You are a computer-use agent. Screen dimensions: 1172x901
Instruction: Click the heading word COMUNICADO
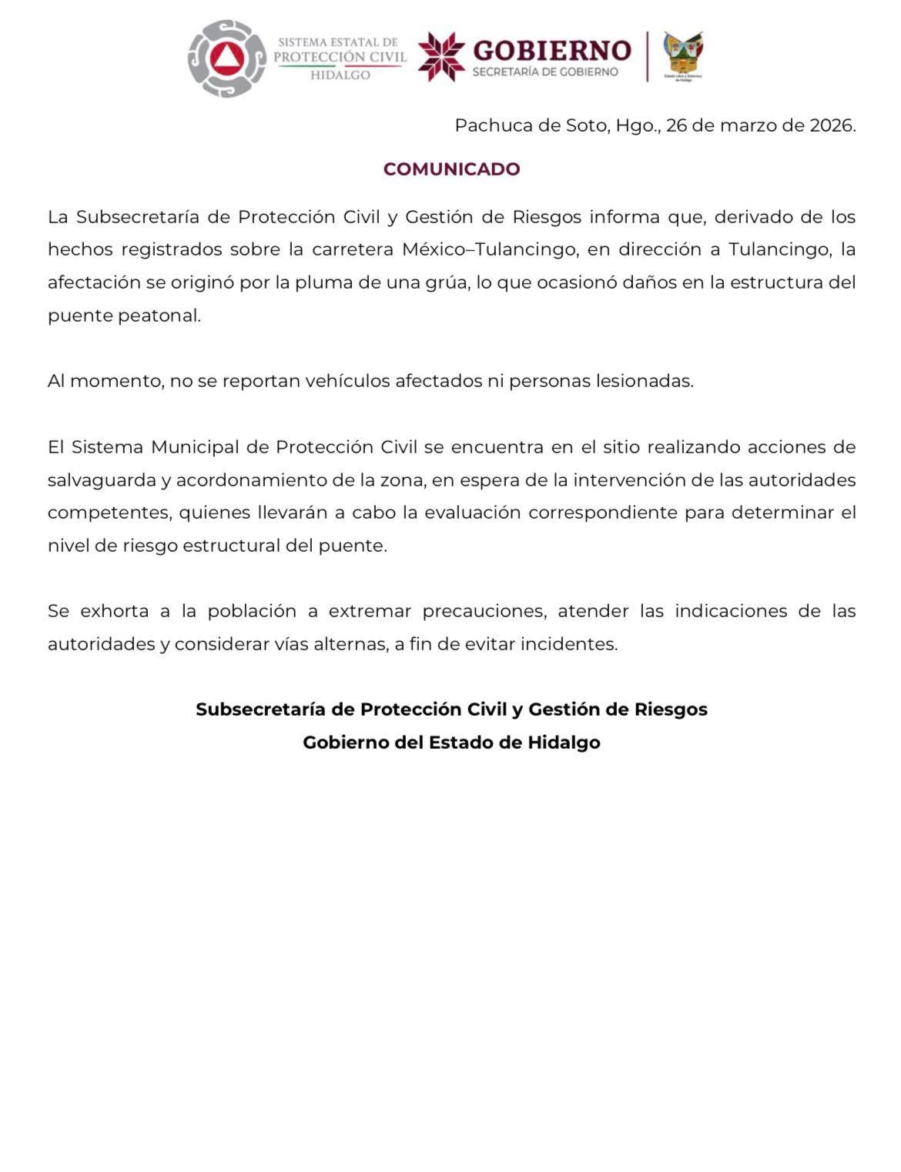(451, 169)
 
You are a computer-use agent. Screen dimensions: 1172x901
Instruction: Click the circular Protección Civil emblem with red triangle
(227, 59)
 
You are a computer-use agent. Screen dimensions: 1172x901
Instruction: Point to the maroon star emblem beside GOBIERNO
(441, 56)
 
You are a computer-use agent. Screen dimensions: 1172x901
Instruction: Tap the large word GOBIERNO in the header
(551, 50)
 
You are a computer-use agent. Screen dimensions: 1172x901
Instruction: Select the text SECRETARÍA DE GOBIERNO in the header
(544, 72)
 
